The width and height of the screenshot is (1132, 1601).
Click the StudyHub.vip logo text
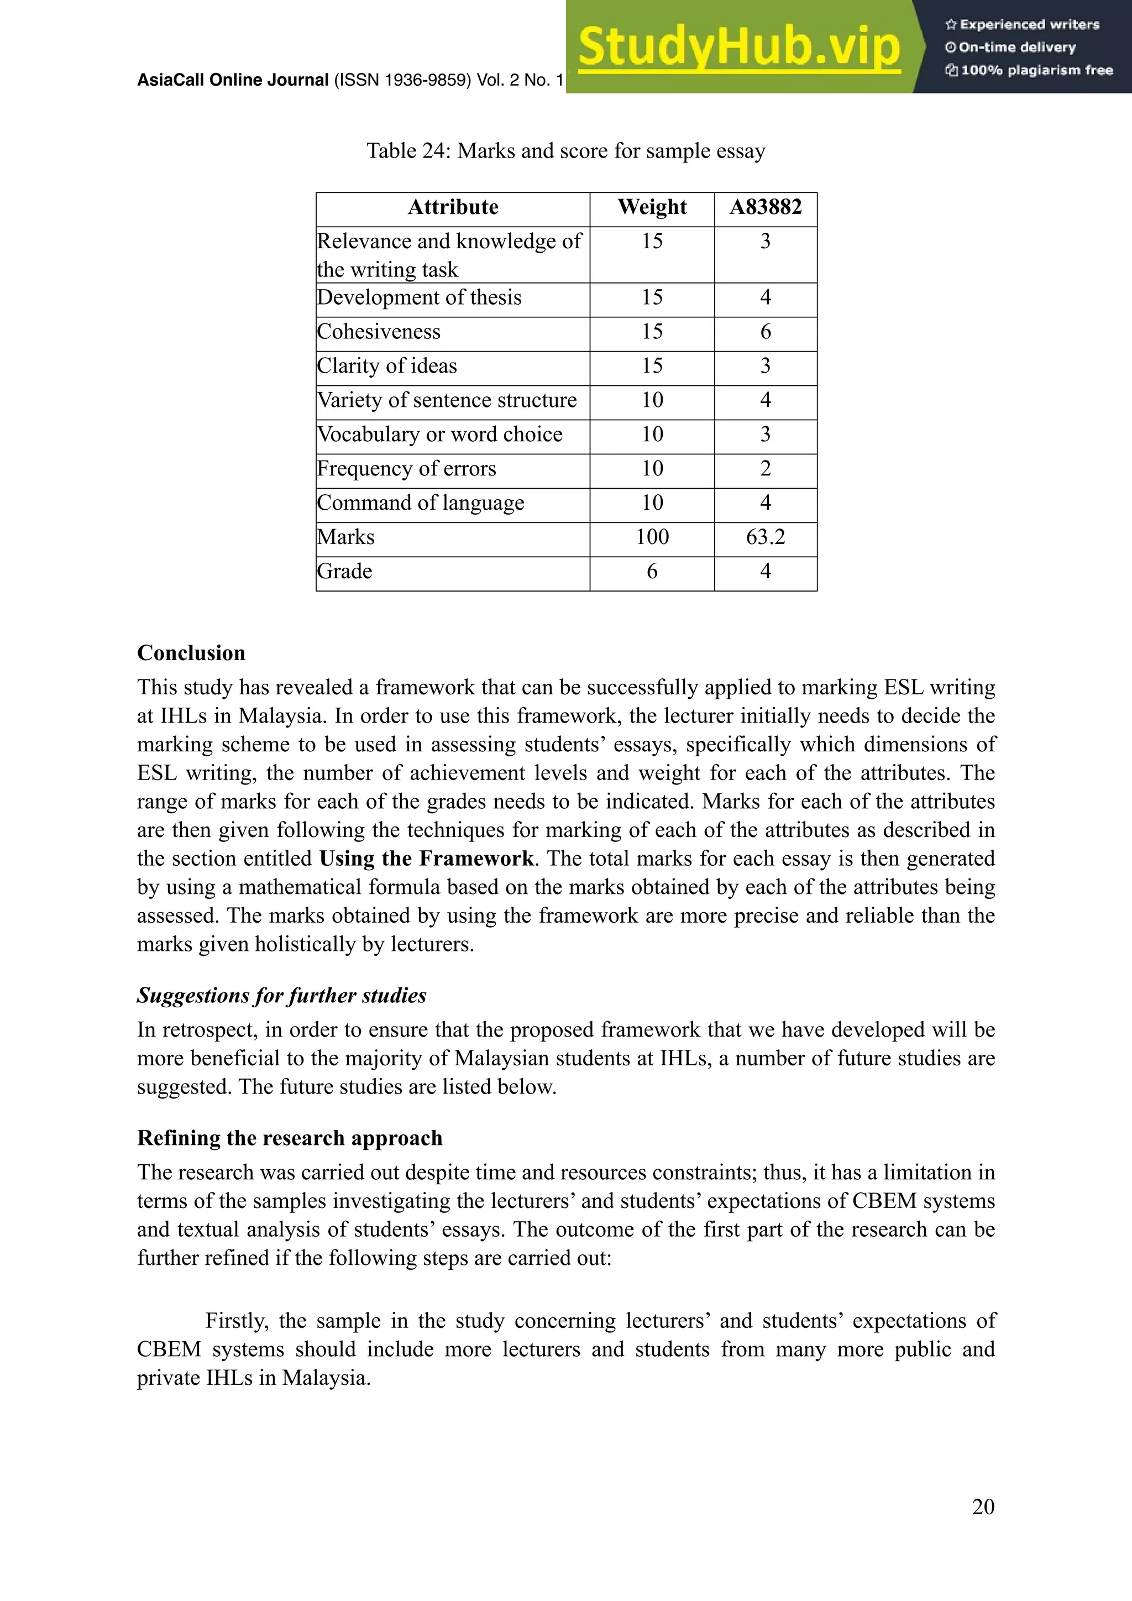tap(739, 48)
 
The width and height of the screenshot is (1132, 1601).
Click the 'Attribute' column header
tap(453, 207)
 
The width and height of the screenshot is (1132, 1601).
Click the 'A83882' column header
tap(766, 207)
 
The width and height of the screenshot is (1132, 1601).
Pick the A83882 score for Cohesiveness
tap(766, 332)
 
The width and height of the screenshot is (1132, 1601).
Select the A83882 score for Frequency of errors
tap(766, 469)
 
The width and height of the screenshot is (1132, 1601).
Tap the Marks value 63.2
tap(766, 537)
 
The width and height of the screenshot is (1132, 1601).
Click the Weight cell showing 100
tap(652, 537)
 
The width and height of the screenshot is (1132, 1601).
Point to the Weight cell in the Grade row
tap(652, 571)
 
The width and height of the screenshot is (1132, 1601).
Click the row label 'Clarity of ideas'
tap(387, 366)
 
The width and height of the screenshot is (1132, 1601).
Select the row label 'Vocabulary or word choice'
tap(440, 435)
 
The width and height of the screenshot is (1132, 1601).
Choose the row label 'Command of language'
tap(420, 503)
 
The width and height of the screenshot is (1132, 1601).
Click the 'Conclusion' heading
tap(191, 653)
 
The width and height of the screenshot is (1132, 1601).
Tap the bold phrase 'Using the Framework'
tap(427, 859)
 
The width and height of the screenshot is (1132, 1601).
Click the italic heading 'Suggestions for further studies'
tap(281, 996)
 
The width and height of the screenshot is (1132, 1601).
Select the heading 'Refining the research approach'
tap(290, 1138)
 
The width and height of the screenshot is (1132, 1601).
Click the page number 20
tap(983, 1507)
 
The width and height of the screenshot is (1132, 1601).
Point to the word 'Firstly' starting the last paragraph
tap(237, 1321)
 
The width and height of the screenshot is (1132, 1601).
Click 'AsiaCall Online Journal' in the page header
tap(233, 80)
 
